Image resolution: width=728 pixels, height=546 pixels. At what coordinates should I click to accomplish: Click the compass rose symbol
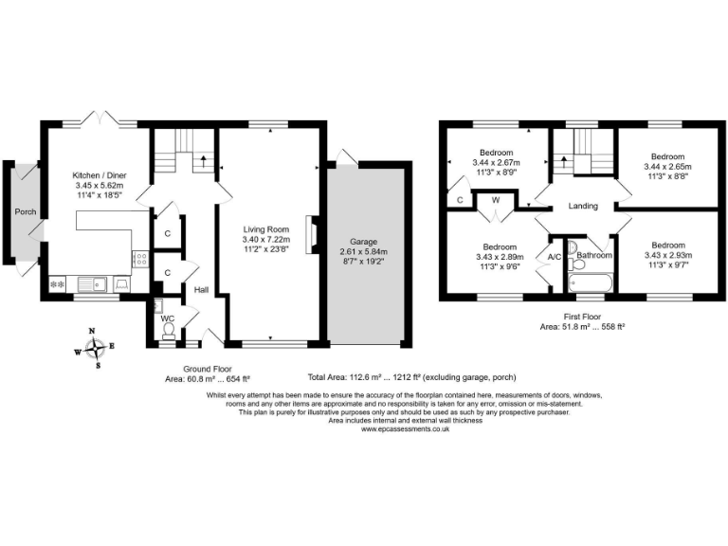click(94, 346)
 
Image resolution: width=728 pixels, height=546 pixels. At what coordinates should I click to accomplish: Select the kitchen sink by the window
click(96, 282)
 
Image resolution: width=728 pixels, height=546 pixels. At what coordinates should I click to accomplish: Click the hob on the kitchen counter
click(140, 256)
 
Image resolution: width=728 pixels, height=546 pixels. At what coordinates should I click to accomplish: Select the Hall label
click(201, 290)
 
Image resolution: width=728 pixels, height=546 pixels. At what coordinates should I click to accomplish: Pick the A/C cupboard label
click(555, 256)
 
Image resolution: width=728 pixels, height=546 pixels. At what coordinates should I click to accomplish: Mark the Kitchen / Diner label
click(100, 176)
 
